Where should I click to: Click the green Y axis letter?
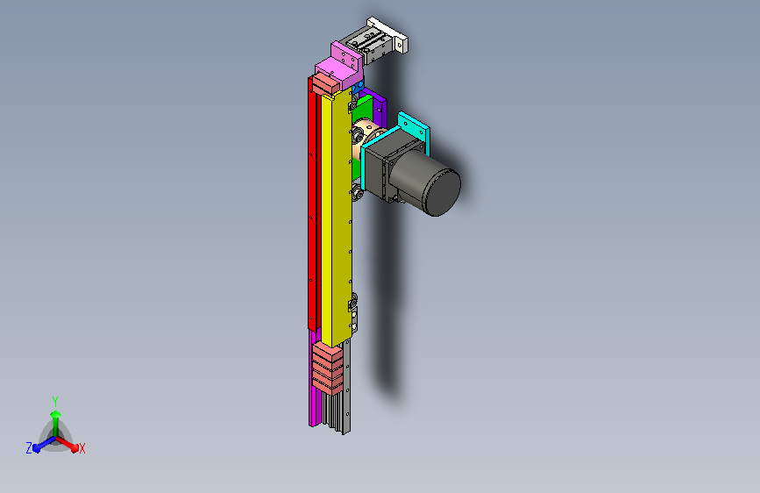click(x=54, y=400)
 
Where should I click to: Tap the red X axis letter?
click(x=82, y=448)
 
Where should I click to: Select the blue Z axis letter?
click(x=29, y=447)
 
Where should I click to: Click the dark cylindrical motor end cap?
click(x=443, y=191)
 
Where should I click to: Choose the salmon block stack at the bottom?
click(x=328, y=367)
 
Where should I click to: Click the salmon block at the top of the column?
click(x=325, y=82)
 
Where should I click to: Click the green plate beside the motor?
click(x=364, y=109)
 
